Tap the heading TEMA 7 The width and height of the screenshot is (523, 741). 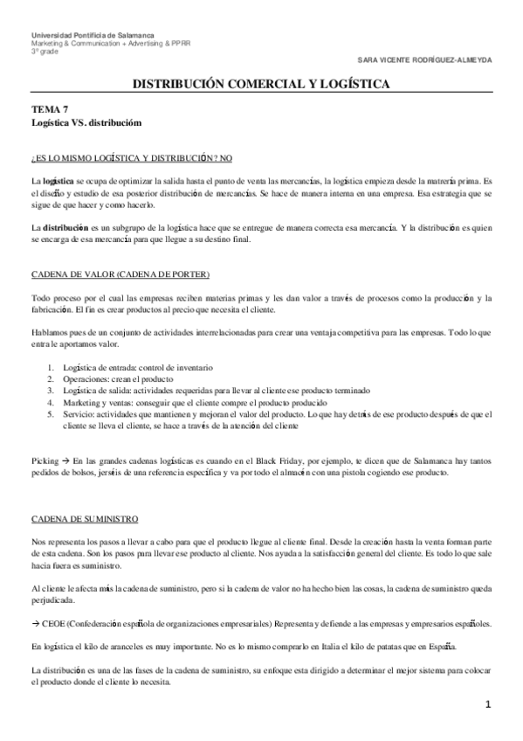[49, 109]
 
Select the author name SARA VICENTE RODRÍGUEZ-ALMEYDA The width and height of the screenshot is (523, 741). [437, 59]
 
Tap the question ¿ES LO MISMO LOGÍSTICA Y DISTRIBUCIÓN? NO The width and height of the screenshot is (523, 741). [131, 157]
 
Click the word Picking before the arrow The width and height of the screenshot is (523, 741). [44, 458]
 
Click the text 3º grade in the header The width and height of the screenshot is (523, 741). [41, 51]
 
